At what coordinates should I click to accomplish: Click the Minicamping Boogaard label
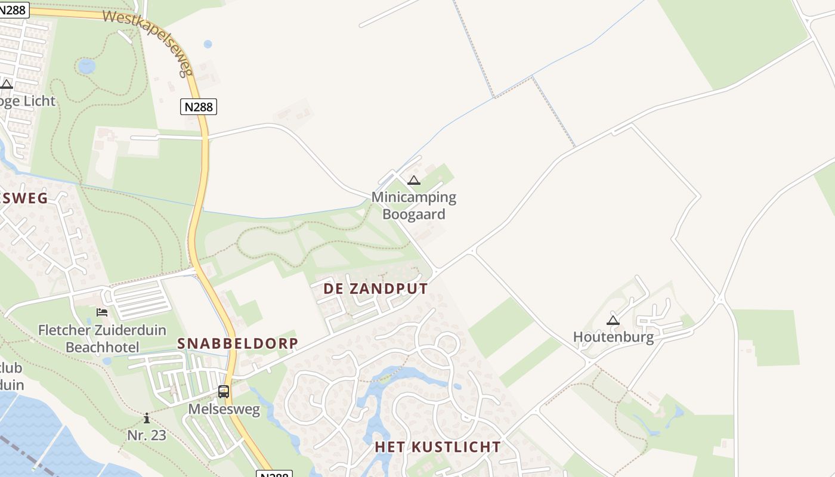click(x=414, y=205)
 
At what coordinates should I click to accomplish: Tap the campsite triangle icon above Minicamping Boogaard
click(x=414, y=181)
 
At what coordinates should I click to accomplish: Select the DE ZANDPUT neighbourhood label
click(x=376, y=289)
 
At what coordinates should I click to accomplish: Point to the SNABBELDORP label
click(x=237, y=343)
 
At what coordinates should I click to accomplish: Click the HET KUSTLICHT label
click(x=438, y=447)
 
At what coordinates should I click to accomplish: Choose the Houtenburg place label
click(x=613, y=337)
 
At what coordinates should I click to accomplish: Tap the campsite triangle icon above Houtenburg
click(x=613, y=321)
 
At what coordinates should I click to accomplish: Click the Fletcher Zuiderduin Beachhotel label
click(x=102, y=338)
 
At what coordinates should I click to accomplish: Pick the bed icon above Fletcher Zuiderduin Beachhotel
click(x=102, y=312)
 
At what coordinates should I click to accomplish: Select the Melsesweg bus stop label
click(x=224, y=409)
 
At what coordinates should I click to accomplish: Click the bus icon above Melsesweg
click(x=224, y=392)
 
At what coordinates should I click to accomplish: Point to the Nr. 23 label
click(x=147, y=435)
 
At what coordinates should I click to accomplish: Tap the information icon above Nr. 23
click(x=147, y=418)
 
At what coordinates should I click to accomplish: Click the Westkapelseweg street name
click(x=149, y=42)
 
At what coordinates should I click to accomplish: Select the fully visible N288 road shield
click(x=198, y=107)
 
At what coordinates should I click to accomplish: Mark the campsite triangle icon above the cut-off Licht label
click(x=7, y=84)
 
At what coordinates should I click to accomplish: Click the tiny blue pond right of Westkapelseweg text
click(x=208, y=44)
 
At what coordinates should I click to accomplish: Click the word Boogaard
click(x=414, y=214)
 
